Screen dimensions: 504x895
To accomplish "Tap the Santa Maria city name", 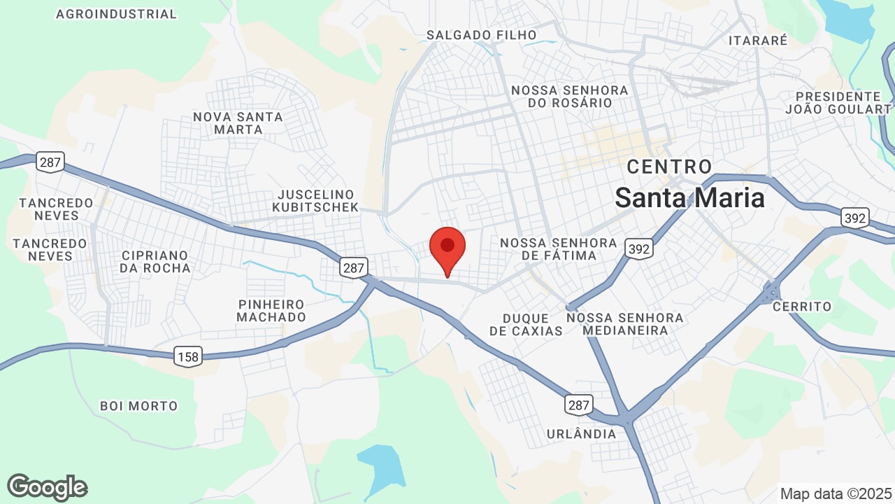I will coord(690,198).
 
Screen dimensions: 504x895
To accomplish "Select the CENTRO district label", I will coord(669,167).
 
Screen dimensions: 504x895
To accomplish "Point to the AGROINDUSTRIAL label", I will coord(116,14).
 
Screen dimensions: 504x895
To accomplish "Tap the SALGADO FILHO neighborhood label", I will coord(482,35).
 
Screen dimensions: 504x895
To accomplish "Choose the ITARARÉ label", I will coord(758,41).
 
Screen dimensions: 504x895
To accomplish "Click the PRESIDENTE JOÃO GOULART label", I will coord(838,102).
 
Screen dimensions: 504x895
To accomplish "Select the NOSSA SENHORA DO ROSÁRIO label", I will coord(570,97).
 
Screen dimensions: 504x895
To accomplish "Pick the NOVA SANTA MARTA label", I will coord(238,123).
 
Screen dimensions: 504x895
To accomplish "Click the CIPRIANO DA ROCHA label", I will coord(155,261).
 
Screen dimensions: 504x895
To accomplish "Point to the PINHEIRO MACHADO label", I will coord(271,311).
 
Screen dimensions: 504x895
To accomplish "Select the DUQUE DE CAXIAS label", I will coord(526,324).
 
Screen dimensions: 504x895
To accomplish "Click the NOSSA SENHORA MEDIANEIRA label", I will coord(624,324).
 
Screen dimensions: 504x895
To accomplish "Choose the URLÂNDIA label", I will coord(582,434).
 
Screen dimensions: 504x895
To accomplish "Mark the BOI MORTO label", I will coord(138,406).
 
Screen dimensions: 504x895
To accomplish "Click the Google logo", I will coord(47,487).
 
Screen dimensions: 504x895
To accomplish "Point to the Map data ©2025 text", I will coord(835,493).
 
